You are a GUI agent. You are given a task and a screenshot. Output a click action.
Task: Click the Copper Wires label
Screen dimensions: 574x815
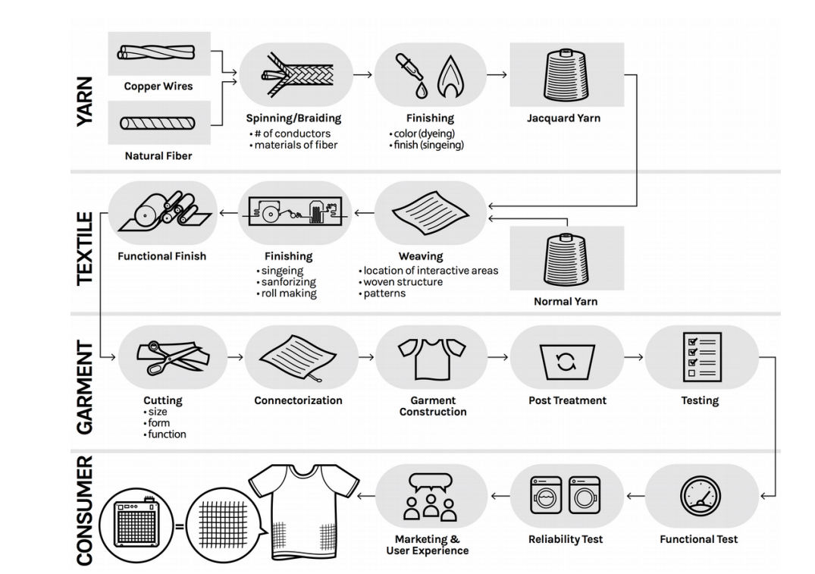click(158, 86)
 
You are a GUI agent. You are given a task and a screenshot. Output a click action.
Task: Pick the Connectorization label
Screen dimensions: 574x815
click(298, 400)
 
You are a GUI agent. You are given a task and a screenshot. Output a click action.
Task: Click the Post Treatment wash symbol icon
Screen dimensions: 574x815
click(566, 359)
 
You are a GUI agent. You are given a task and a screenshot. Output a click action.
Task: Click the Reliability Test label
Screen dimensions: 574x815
click(566, 539)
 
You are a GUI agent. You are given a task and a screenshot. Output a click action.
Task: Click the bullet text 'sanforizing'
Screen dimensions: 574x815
click(288, 282)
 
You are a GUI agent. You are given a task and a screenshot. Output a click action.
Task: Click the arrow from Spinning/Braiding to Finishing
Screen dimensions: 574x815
click(362, 75)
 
